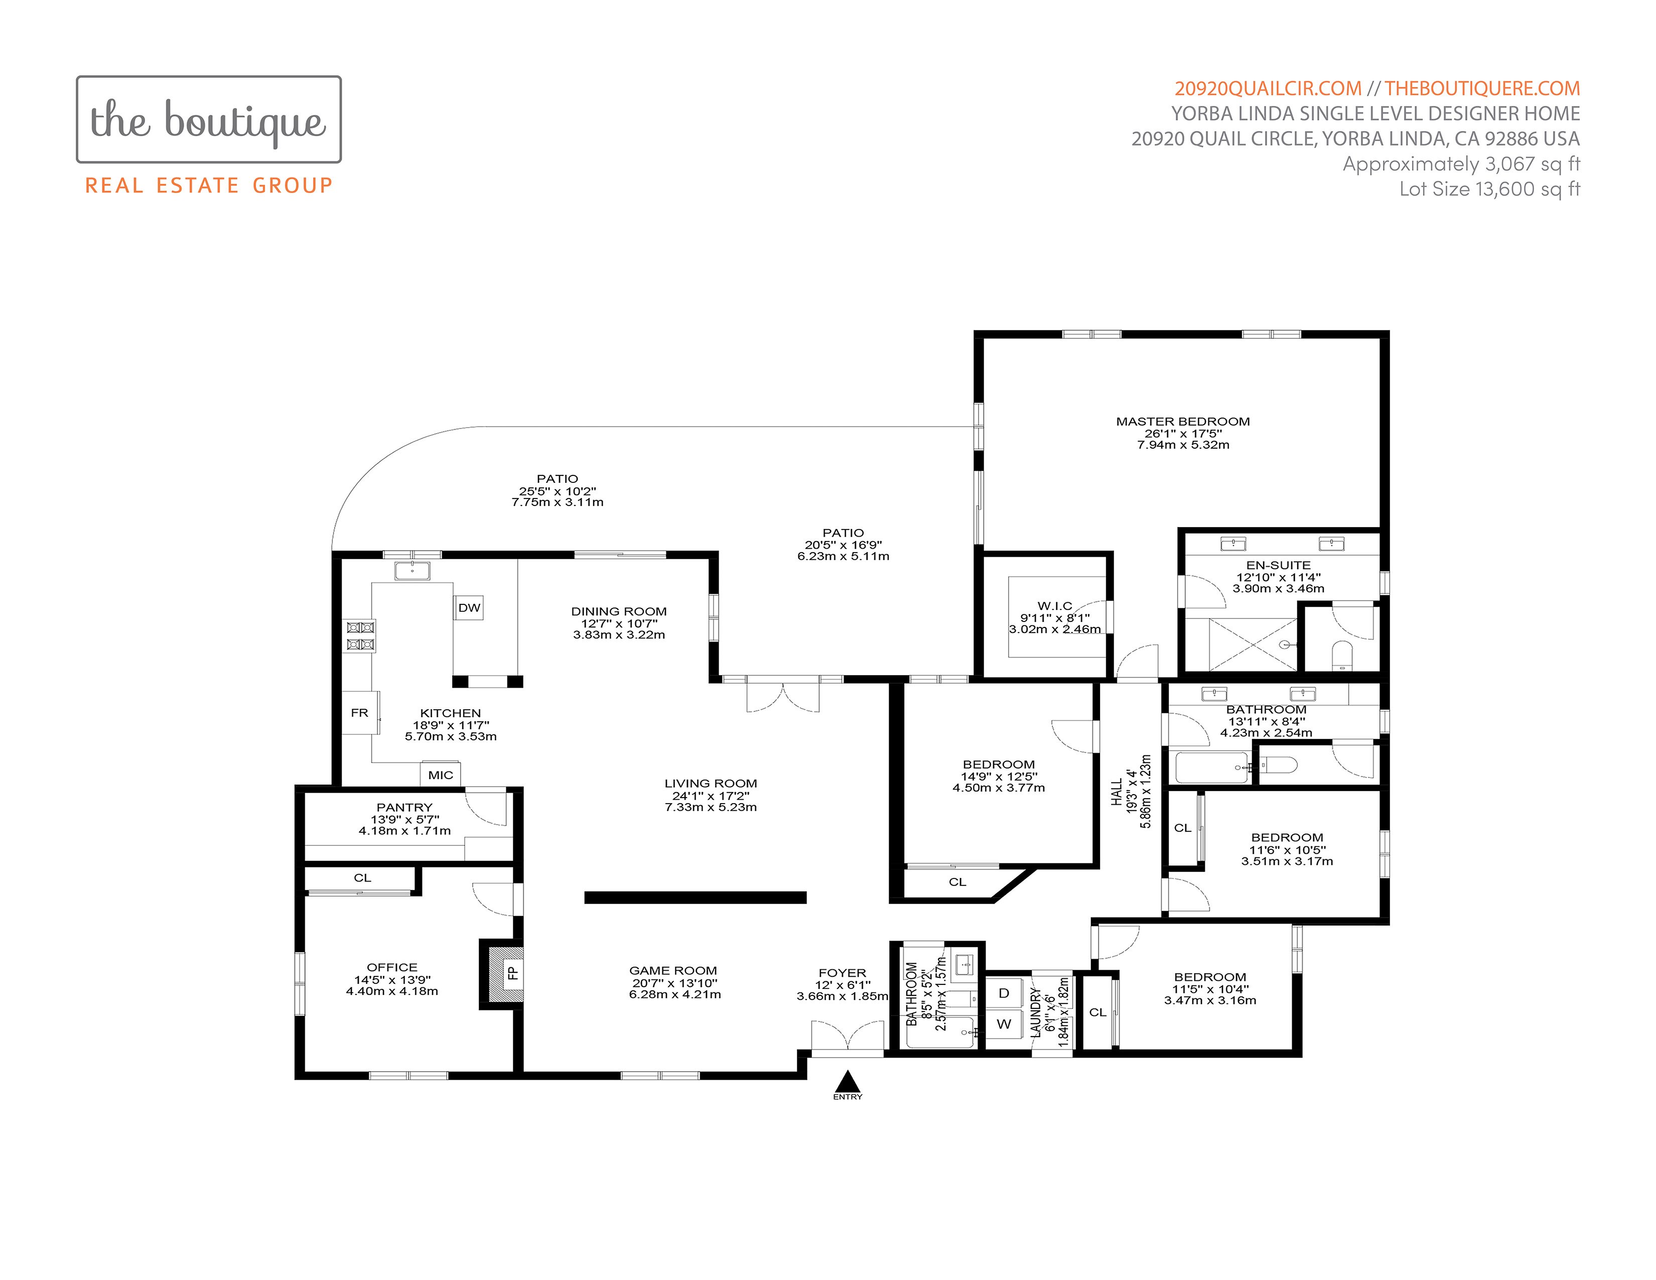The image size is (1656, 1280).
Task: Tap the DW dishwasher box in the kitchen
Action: click(469, 607)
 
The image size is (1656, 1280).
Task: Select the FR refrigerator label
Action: click(359, 713)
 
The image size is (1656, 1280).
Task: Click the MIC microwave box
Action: click(441, 774)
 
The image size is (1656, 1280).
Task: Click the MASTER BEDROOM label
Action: click(1183, 422)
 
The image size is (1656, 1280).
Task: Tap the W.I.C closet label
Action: click(1055, 606)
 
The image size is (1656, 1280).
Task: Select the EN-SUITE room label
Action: click(1279, 565)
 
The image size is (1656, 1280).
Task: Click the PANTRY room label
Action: click(404, 808)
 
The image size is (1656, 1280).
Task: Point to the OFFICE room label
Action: click(392, 968)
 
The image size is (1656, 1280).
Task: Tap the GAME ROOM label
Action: click(673, 971)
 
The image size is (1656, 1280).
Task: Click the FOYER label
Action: click(843, 973)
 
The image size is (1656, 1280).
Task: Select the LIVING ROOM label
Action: click(711, 784)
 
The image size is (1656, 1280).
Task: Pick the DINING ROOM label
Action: click(619, 611)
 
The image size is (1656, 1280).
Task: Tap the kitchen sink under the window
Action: click(411, 570)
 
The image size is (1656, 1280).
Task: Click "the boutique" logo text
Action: click(209, 120)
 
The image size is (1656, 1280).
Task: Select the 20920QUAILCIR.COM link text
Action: click(1268, 89)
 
